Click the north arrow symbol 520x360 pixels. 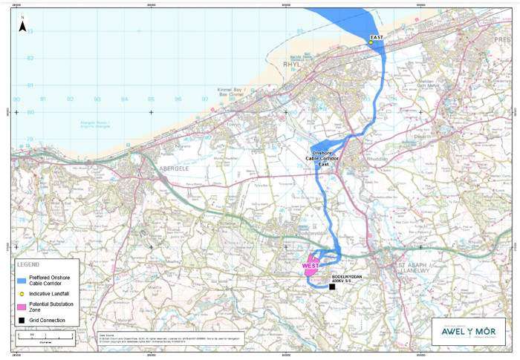click(22, 25)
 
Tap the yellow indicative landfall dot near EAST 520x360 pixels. click(371, 42)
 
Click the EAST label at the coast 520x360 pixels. click(376, 36)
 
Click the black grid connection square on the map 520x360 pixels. click(332, 287)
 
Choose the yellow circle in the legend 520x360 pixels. click(23, 294)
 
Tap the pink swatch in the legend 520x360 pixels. click(23, 307)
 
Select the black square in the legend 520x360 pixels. click(23, 320)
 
